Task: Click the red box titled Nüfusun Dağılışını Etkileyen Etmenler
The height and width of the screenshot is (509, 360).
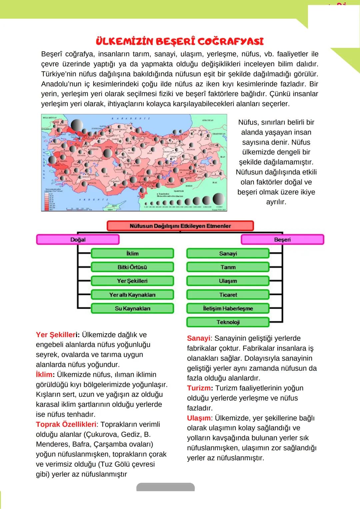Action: coord(180,226)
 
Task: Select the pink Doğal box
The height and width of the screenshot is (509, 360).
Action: coord(78,240)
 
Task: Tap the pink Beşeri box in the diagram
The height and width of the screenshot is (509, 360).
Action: coord(282,240)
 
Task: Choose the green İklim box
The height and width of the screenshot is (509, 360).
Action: coord(132,254)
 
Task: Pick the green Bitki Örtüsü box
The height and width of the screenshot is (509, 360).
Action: coord(132,267)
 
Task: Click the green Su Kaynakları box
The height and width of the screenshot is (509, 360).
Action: coord(132,308)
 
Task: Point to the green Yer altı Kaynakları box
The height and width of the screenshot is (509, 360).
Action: coord(132,295)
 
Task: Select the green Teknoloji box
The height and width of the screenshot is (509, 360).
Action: coord(228,322)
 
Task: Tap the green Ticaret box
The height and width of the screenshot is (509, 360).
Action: coord(228,295)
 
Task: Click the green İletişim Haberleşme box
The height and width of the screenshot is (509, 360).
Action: coord(228,308)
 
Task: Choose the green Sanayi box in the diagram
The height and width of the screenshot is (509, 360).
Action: coord(228,254)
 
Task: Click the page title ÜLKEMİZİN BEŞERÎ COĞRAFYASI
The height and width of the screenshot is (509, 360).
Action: coord(180,41)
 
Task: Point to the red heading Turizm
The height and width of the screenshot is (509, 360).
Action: coord(199,388)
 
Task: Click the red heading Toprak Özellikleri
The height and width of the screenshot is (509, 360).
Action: coord(66,424)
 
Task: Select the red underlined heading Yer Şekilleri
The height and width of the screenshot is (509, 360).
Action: coord(57,335)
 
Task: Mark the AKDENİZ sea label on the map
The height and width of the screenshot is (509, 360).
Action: coord(94,200)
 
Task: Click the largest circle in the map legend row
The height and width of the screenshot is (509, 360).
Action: coord(219,199)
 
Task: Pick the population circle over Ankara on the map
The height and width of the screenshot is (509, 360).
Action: coord(107,154)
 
